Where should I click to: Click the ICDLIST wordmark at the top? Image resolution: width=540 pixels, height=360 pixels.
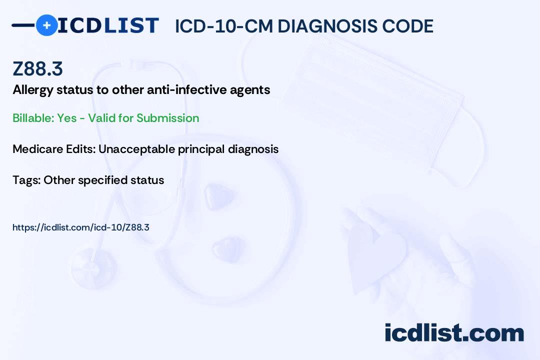(108, 25)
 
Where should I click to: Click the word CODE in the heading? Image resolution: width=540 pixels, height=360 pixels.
(411, 26)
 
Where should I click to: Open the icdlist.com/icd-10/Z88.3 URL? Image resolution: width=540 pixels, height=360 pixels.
(81, 227)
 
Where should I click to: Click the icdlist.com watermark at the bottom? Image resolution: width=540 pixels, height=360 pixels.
(454, 333)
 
